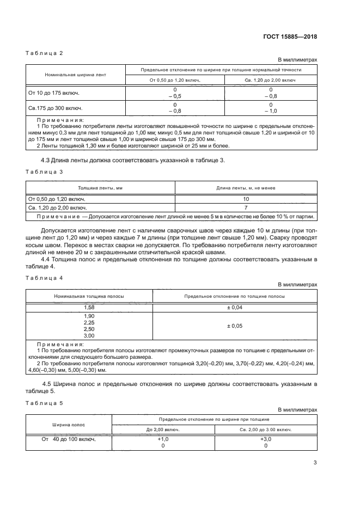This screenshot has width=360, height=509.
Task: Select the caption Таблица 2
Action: click(45, 53)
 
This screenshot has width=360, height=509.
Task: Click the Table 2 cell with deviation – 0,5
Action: click(175, 96)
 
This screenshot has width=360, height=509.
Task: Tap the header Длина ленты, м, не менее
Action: click(246, 188)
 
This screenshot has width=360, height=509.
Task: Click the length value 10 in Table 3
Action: click(246, 199)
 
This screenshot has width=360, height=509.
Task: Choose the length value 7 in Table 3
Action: click(246, 208)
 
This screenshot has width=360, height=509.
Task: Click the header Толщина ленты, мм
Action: click(100, 188)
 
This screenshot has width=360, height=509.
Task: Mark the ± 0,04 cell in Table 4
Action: click(235, 308)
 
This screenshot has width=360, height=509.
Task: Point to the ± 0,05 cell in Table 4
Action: click(235, 326)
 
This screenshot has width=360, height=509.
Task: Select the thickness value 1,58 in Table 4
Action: click(89, 308)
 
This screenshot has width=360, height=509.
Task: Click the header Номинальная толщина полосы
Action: click(89, 296)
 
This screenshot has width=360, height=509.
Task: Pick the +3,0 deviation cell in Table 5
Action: click(266, 438)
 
